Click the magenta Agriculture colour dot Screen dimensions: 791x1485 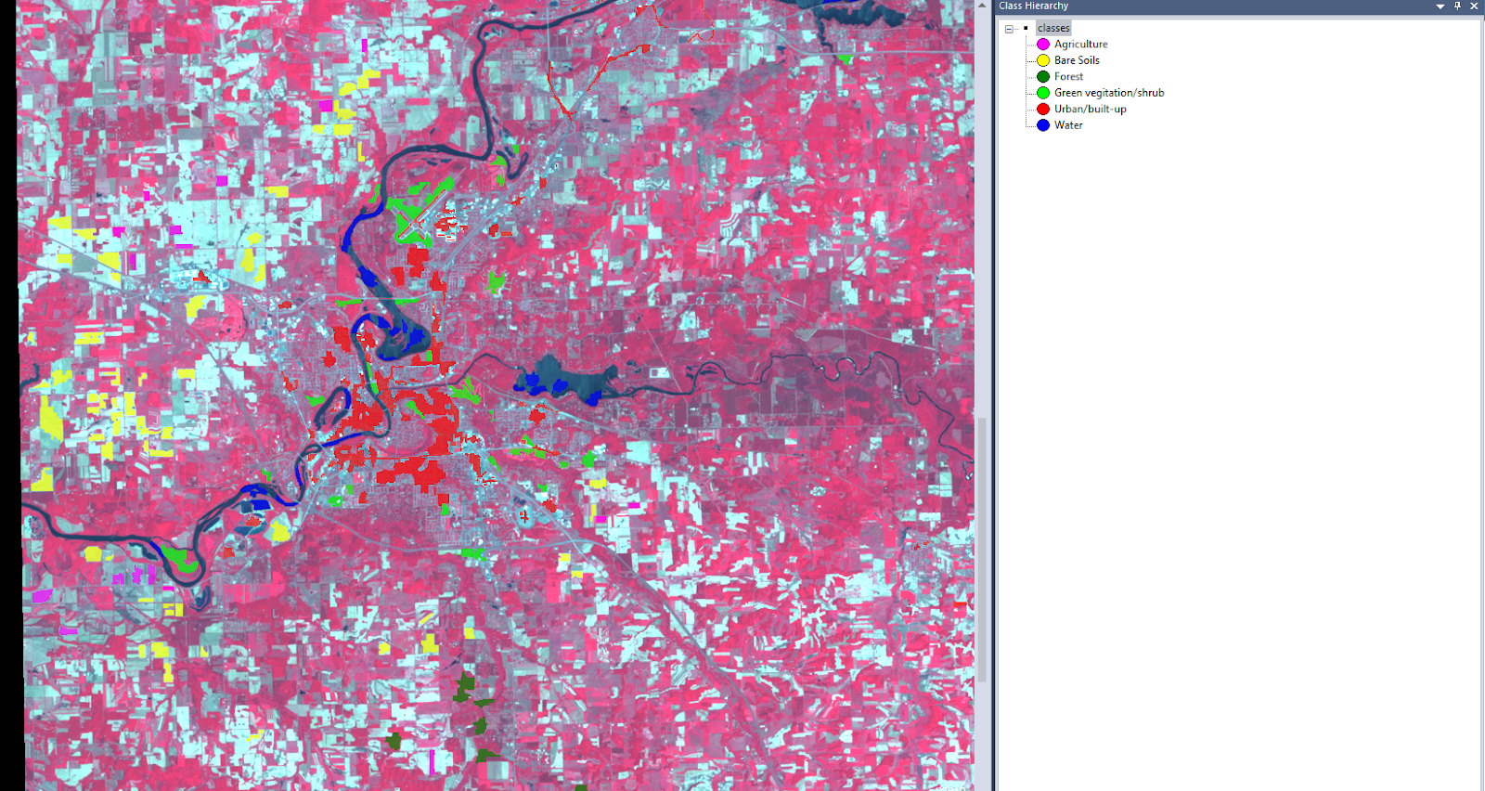tap(1043, 44)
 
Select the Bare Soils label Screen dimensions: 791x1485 tap(1077, 60)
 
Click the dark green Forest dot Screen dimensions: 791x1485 tap(1043, 76)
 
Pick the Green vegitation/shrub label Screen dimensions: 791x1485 tap(1109, 93)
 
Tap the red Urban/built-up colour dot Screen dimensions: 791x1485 tap(1043, 109)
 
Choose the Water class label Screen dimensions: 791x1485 tap(1068, 125)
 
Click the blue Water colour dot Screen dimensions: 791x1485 tap(1043, 125)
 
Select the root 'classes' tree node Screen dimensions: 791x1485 tap(1053, 28)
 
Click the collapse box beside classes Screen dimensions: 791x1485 tap(1009, 29)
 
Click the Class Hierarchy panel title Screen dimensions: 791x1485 tap(1033, 6)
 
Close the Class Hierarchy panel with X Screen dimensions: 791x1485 tap(1474, 6)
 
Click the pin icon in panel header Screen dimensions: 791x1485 tap(1457, 6)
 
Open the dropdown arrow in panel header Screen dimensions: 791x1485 tap(1440, 6)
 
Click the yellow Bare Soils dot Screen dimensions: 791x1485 tap(1043, 60)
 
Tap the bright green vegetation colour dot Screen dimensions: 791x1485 tap(1043, 93)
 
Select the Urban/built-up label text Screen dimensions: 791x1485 tap(1090, 109)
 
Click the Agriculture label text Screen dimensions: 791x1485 tap(1080, 44)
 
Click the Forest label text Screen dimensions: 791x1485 tap(1068, 76)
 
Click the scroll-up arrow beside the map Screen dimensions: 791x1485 tap(982, 6)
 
